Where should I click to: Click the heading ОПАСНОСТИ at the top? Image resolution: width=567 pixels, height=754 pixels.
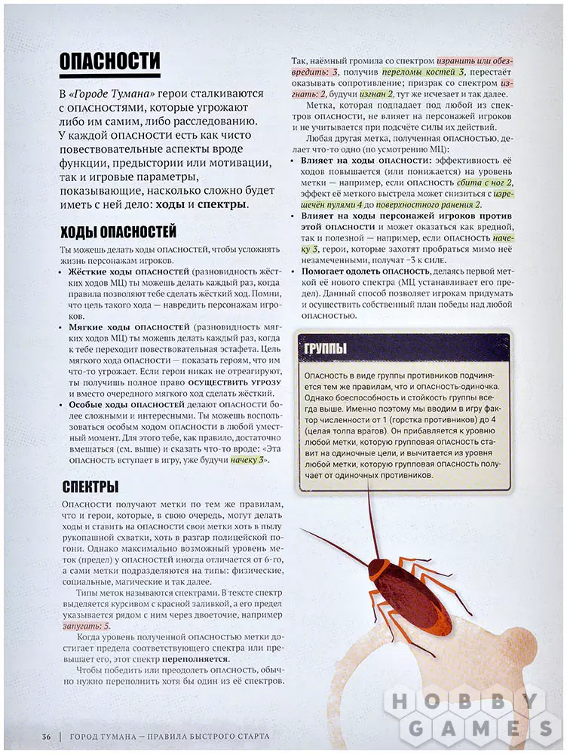pyautogui.click(x=109, y=61)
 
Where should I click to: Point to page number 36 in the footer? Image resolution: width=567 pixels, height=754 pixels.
pyautogui.click(x=46, y=736)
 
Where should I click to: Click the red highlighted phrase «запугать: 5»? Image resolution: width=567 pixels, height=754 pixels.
pyautogui.click(x=87, y=626)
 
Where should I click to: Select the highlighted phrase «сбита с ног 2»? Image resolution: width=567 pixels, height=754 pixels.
pyautogui.click(x=484, y=182)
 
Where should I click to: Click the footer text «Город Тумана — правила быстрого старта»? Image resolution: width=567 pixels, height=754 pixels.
pyautogui.click(x=169, y=736)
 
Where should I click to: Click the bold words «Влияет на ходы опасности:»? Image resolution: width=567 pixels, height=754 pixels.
pyautogui.click(x=356, y=161)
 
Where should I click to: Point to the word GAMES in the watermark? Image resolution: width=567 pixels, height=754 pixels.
pyautogui.click(x=477, y=728)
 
